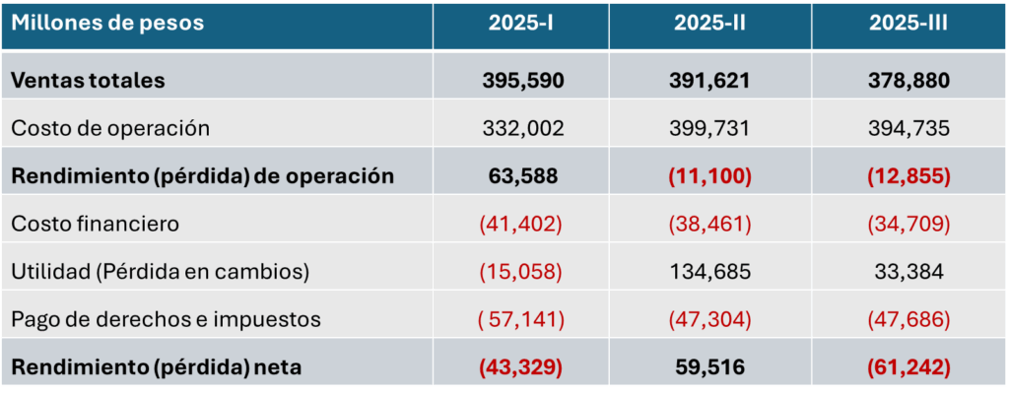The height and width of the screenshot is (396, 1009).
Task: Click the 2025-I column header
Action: coord(520,24)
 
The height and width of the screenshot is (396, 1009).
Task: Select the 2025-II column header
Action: coord(709,24)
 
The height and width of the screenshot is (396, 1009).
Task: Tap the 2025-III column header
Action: coord(908,24)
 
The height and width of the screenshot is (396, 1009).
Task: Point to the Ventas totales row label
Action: coord(88,80)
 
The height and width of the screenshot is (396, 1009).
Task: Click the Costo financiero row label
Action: coord(96,224)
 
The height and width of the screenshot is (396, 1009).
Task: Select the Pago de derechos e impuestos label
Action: coord(166,319)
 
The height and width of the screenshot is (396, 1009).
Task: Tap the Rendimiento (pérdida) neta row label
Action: coord(156,367)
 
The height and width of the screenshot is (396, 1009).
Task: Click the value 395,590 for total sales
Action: coord(523,80)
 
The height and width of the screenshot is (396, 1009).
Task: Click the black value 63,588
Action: coord(522,176)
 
